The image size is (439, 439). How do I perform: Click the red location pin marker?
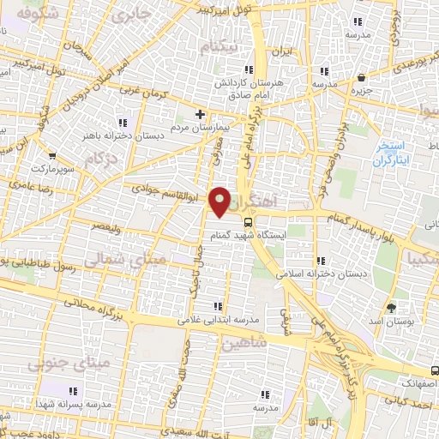coord(220,201)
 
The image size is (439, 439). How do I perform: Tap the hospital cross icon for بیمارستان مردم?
coord(200,113)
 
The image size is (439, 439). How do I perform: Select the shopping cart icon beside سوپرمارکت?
coord(52,156)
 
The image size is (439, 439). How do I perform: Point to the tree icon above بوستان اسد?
coord(392,307)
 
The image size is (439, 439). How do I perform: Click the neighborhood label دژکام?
coord(102,159)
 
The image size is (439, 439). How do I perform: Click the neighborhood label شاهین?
coord(246,344)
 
